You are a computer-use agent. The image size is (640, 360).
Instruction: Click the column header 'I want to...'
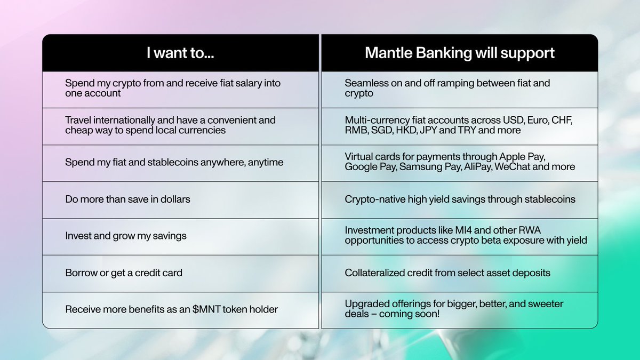[180, 53]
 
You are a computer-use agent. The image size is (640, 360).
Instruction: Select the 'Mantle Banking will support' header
[459, 53]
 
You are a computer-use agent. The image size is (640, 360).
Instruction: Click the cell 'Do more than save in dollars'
[127, 199]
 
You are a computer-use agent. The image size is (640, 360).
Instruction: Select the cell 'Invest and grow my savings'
[126, 235]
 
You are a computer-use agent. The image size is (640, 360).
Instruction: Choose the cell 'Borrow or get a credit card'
[124, 273]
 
